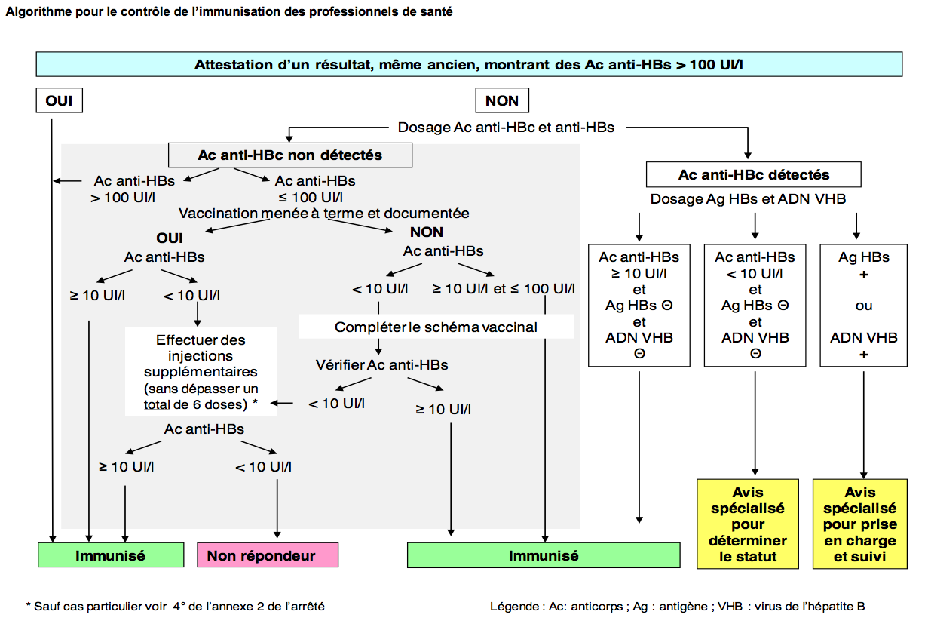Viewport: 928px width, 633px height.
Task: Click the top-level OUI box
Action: [59, 100]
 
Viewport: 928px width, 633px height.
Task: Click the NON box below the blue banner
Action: [501, 100]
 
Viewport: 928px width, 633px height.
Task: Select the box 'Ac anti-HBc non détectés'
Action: [290, 155]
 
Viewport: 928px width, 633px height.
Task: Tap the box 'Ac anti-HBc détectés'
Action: [753, 174]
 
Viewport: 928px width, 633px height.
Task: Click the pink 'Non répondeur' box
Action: [267, 555]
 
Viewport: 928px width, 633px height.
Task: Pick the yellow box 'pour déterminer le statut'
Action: [748, 524]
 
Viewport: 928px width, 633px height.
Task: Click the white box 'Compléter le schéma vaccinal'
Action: [436, 327]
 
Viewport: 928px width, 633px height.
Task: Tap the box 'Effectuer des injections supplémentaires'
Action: [201, 371]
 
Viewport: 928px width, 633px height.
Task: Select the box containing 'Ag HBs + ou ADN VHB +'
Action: [864, 305]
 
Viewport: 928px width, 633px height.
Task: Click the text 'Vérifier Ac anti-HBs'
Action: [381, 365]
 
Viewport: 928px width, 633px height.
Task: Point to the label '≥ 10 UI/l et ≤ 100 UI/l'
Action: [503, 288]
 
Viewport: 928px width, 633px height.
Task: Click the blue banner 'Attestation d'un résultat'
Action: [469, 64]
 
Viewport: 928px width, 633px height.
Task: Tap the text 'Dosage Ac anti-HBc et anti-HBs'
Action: [506, 128]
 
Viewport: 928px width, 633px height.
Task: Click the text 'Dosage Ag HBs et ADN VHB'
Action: [748, 199]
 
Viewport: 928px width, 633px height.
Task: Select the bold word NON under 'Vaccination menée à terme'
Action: [427, 232]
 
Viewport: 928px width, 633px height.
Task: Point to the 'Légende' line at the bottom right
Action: [677, 606]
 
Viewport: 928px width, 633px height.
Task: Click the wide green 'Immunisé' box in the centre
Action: [543, 555]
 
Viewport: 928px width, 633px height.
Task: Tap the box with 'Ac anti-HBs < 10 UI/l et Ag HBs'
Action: [755, 305]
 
